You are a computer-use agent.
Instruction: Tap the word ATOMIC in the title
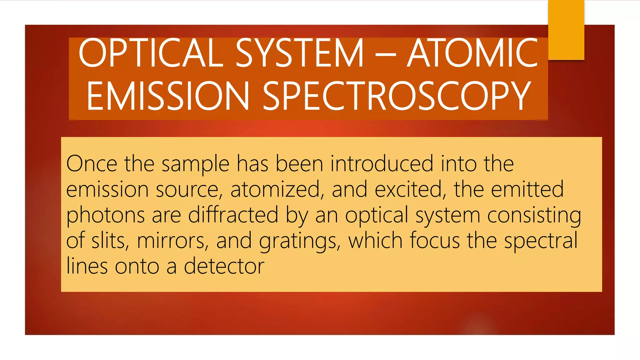click(472, 53)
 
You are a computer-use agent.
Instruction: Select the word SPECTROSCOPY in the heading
click(397, 96)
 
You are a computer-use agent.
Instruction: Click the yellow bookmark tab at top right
click(566, 30)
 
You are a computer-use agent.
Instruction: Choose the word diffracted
click(233, 215)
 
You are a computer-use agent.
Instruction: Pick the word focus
click(435, 240)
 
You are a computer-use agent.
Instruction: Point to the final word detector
click(224, 266)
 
